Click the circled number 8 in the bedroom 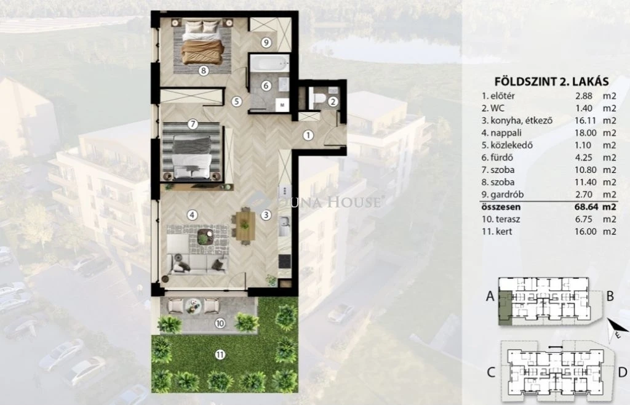204,71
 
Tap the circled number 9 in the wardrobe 266,42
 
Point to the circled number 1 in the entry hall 308,135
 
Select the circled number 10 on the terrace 220,323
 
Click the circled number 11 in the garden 220,355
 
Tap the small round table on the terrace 194,306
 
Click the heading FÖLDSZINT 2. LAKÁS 552,82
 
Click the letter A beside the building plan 490,296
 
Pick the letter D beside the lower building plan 623,372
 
